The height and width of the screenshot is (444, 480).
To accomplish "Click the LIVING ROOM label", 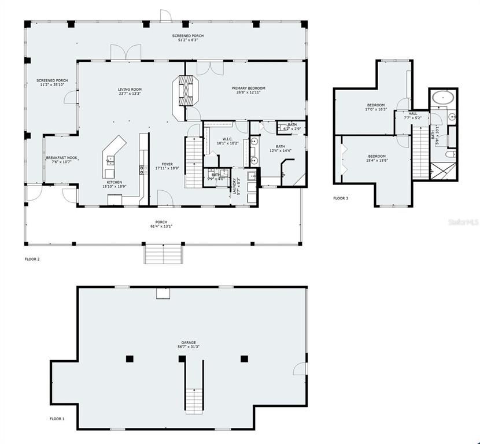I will (x=130, y=90).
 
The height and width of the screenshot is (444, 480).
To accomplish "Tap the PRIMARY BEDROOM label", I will (x=248, y=88).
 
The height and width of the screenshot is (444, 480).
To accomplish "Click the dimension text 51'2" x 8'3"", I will (x=188, y=40).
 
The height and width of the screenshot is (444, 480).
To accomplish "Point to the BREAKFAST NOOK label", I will (x=62, y=158).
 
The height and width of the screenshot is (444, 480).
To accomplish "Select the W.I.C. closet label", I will (x=227, y=139).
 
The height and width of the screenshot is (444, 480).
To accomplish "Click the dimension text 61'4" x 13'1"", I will (x=161, y=226).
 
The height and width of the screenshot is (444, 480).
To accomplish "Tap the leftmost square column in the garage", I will (x=130, y=359).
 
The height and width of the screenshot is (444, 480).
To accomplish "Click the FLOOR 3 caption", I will (x=341, y=198).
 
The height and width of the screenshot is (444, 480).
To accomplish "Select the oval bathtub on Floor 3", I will (x=443, y=97).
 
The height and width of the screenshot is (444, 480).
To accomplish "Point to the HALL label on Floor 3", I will (x=413, y=113).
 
